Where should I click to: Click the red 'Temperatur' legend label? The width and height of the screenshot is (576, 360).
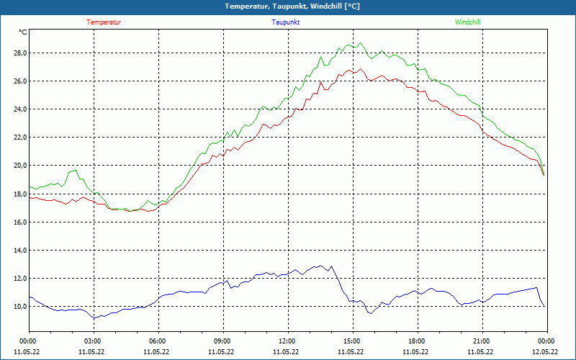coord(104,22)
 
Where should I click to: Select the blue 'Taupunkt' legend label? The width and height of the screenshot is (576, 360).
coord(286,22)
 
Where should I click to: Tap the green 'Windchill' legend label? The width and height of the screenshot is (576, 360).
coord(467,22)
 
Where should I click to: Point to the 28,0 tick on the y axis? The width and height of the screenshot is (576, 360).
coord(19,53)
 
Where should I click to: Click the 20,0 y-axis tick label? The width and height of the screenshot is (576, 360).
coord(19,166)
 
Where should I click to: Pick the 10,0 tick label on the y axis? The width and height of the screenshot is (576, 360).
coord(19,307)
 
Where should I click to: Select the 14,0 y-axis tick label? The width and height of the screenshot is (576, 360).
coord(19,251)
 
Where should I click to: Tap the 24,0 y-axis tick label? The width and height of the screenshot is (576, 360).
coord(19,109)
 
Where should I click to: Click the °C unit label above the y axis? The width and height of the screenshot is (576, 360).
coord(23,32)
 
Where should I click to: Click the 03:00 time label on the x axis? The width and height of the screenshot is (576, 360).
coord(93,341)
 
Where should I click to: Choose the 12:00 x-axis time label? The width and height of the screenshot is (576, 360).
coord(287,341)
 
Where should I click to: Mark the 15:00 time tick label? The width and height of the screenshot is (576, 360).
coord(352,341)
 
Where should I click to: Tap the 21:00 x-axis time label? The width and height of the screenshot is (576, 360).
coord(482,341)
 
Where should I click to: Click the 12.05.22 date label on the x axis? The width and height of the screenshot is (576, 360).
coord(545,352)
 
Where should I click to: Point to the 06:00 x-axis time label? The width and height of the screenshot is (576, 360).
coord(158,341)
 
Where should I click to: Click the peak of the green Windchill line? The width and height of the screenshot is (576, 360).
coord(360,43)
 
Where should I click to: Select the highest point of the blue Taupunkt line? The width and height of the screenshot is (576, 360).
coord(330,265)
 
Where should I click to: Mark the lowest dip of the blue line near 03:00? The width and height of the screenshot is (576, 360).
coord(94,318)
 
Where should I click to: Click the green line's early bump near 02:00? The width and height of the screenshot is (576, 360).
coord(74,170)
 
